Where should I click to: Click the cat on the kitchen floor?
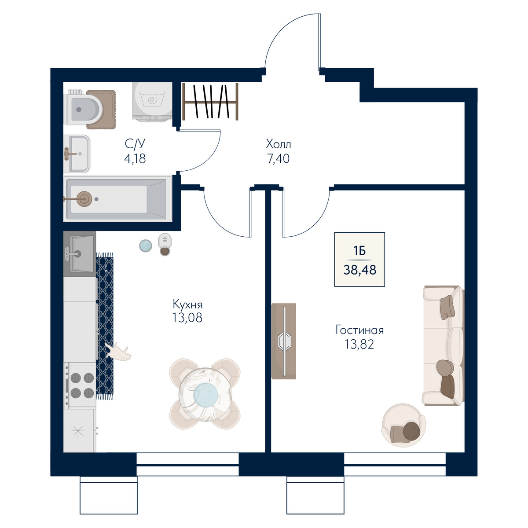click(x=118, y=352)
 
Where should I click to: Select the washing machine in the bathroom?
click(x=152, y=101)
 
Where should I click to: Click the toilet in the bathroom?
click(x=83, y=109)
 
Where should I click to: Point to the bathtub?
click(x=117, y=198)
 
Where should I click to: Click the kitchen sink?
click(x=80, y=253)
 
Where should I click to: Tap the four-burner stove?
click(x=80, y=385)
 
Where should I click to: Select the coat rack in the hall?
click(x=210, y=102)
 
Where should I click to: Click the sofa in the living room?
click(x=444, y=345)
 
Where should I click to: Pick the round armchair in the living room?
click(x=403, y=425)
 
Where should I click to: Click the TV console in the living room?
click(x=284, y=341)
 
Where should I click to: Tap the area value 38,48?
click(x=360, y=270)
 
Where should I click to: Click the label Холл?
click(x=279, y=144)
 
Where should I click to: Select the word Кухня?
click(x=188, y=304)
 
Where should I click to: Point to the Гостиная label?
click(x=359, y=330)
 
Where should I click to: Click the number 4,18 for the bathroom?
click(x=135, y=159)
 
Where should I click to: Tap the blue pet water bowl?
click(x=146, y=246)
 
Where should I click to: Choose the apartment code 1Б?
click(x=359, y=250)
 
